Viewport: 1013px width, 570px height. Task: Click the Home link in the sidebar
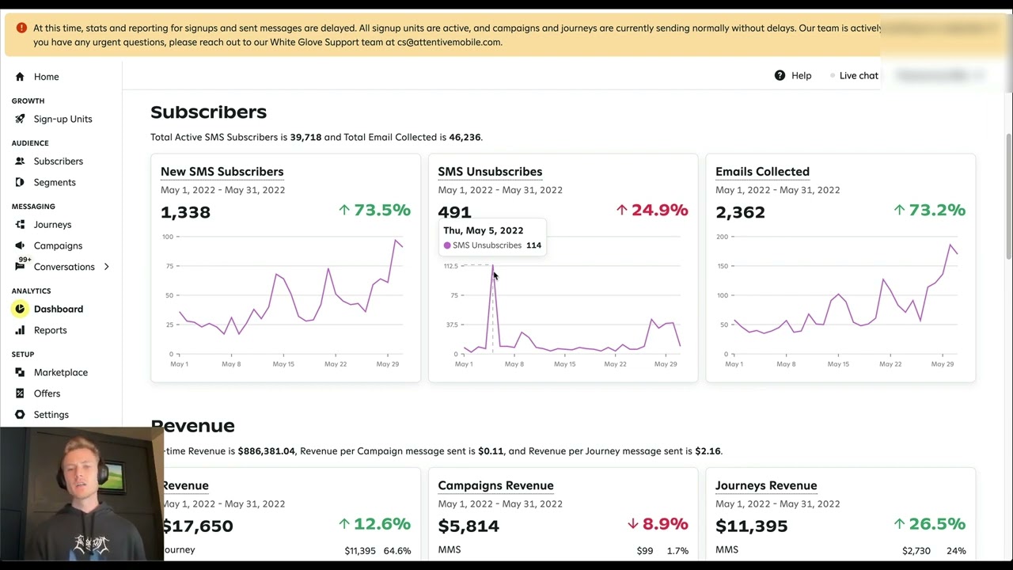click(x=46, y=77)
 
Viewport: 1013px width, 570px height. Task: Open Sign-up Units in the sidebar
click(x=63, y=119)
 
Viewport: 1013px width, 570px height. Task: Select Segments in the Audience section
click(x=55, y=182)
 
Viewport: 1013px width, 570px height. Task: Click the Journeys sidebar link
click(x=52, y=225)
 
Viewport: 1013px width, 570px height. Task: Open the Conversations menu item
click(x=63, y=267)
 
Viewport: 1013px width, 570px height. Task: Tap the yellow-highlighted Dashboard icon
click(x=20, y=309)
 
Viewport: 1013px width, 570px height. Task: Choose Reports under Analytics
click(x=50, y=330)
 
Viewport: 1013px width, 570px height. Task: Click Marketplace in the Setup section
click(x=60, y=372)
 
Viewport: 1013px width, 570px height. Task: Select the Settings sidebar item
click(x=51, y=415)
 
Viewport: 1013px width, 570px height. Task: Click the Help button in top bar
click(x=793, y=75)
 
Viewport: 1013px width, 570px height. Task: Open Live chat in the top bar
click(x=858, y=75)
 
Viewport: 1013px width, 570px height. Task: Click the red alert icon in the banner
click(x=21, y=28)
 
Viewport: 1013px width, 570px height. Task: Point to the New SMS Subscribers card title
click(x=222, y=172)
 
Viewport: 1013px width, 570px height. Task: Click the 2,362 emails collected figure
click(x=740, y=212)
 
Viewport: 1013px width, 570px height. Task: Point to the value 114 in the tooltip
click(x=533, y=245)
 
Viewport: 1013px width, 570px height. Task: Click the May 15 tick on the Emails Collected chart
click(x=838, y=364)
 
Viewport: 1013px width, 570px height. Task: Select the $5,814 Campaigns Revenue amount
click(x=469, y=526)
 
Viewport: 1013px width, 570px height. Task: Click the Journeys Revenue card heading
click(x=766, y=486)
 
